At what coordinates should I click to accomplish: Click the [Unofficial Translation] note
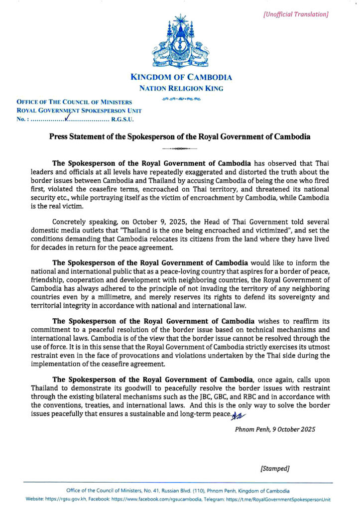point(296,14)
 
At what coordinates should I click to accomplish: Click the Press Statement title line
point(180,137)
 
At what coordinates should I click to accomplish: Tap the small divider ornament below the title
point(180,148)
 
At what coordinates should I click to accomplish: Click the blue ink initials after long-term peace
point(238,414)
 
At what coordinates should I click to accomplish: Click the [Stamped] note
point(275,469)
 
